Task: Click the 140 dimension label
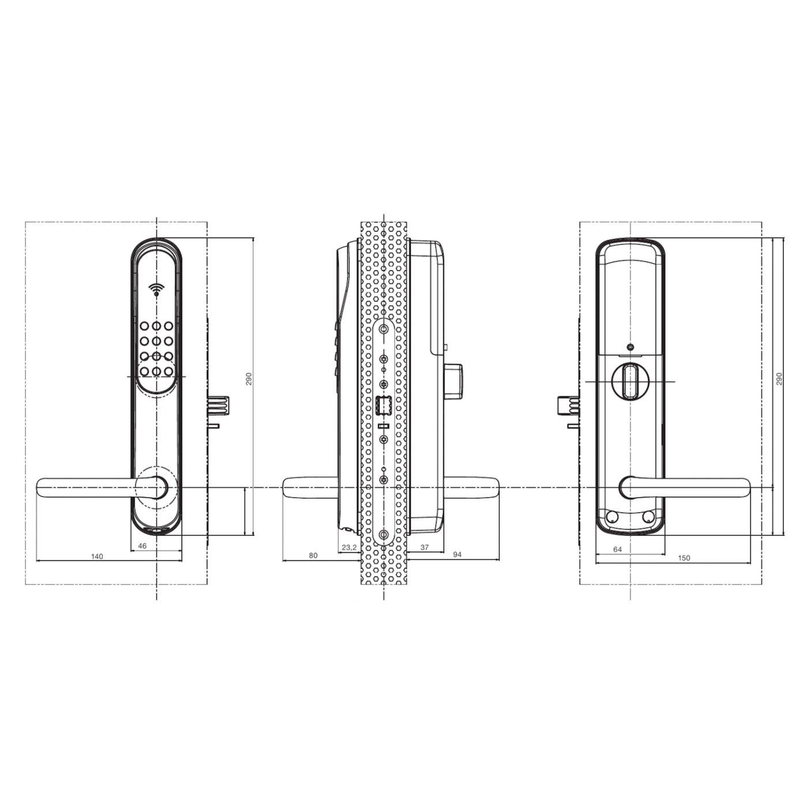(97, 556)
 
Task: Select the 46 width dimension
(143, 545)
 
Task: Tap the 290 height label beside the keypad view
(249, 379)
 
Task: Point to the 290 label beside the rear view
(779, 379)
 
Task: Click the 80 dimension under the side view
(313, 556)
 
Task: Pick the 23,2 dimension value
(349, 548)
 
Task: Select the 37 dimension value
(424, 548)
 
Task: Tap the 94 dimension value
(457, 555)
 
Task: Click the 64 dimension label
(617, 549)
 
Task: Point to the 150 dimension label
(684, 558)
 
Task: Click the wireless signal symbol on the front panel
(156, 289)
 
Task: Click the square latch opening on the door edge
(383, 406)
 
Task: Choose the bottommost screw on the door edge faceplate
(383, 534)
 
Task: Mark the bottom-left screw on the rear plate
(612, 516)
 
